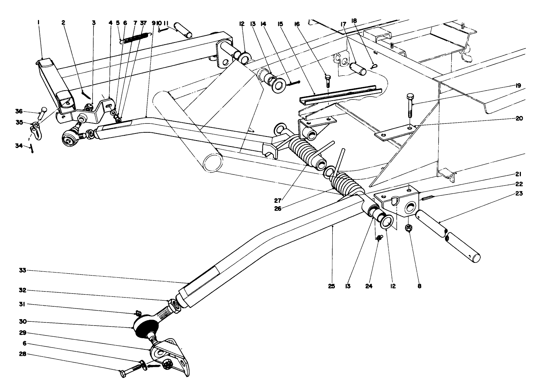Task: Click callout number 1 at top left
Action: [x=38, y=23]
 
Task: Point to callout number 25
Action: [x=332, y=286]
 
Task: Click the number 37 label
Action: [x=143, y=23]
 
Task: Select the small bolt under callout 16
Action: [x=328, y=80]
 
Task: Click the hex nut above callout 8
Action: [x=409, y=227]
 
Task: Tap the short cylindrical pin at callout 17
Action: [x=359, y=68]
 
